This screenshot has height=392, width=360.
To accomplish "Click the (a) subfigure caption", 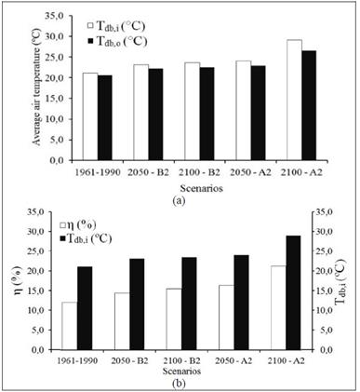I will (180, 199).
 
